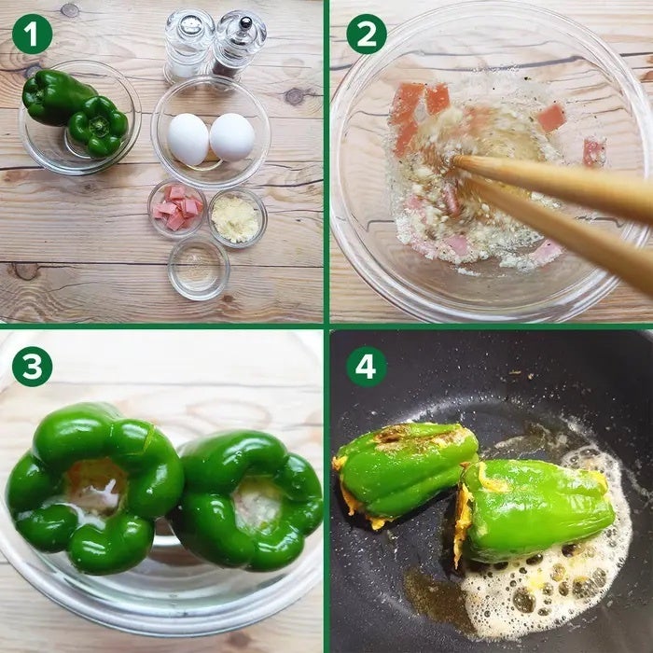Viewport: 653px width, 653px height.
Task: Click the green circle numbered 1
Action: (x=32, y=34)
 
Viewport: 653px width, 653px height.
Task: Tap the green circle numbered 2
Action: (x=367, y=34)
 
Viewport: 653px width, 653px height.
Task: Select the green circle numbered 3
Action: (x=32, y=367)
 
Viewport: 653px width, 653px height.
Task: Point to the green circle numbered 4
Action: (x=367, y=367)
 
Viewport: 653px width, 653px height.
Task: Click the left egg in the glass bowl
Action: (x=188, y=139)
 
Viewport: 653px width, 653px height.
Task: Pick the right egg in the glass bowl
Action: (x=232, y=137)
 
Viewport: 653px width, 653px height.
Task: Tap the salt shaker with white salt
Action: (x=188, y=45)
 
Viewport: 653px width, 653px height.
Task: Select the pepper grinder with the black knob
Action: (x=239, y=44)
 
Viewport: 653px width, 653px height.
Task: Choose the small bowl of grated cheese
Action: (x=237, y=217)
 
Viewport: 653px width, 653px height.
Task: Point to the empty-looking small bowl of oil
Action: (x=199, y=269)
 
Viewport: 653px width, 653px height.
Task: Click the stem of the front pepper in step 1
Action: (x=99, y=124)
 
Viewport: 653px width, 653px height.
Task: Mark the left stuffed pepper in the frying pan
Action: (x=405, y=471)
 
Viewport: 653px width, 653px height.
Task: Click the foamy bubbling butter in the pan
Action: (x=549, y=583)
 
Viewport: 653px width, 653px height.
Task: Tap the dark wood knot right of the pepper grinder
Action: (x=295, y=96)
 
